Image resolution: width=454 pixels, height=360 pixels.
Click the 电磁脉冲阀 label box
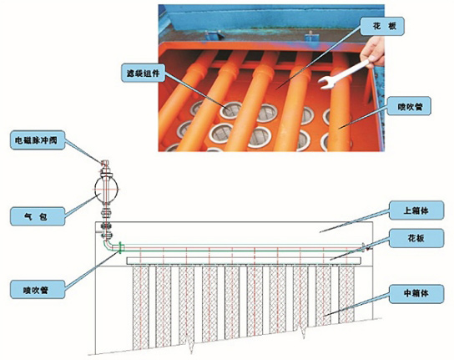click(x=38, y=140)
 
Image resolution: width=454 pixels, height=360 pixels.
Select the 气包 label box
click(x=38, y=216)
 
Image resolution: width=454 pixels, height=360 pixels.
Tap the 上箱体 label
click(x=416, y=210)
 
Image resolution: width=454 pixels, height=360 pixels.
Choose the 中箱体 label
click(x=416, y=294)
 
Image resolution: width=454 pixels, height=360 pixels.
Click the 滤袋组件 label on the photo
click(x=144, y=73)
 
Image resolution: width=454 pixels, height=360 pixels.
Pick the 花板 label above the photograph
click(x=382, y=27)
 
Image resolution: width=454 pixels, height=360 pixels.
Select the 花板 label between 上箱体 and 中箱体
click(x=416, y=238)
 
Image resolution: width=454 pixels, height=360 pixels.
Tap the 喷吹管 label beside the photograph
click(x=410, y=106)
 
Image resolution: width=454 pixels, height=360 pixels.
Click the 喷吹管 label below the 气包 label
click(x=38, y=289)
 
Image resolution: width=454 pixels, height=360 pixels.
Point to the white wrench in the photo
click(x=343, y=74)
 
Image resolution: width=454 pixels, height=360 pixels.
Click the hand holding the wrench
click(x=373, y=53)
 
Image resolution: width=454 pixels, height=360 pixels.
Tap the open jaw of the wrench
click(x=325, y=83)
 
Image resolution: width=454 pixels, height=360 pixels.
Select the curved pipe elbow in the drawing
click(x=107, y=245)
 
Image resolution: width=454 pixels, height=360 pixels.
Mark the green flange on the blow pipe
click(x=121, y=247)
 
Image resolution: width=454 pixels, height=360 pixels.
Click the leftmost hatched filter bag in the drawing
click(x=141, y=308)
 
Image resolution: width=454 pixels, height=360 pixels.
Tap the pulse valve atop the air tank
click(x=105, y=168)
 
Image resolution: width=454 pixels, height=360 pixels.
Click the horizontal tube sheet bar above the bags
click(x=245, y=261)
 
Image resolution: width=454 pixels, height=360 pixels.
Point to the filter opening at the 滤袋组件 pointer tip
click(x=231, y=109)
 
